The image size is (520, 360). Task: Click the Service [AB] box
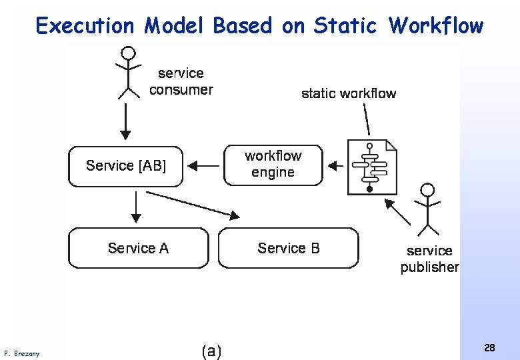[x=125, y=166]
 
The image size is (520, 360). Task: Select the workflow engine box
[x=273, y=165]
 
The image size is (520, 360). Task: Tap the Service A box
[x=139, y=248]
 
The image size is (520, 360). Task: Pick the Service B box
[x=288, y=248]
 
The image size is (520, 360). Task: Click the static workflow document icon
[x=372, y=167]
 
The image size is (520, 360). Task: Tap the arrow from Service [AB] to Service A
[x=136, y=207]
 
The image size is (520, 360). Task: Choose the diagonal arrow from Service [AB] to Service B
[x=193, y=205]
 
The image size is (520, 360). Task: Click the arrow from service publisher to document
[x=399, y=213]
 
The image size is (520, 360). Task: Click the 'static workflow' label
[x=349, y=93]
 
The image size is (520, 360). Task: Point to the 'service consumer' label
[x=181, y=81]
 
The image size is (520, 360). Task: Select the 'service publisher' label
[x=429, y=259]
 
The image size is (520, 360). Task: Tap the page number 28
[x=489, y=347]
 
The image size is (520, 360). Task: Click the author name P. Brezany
[x=21, y=353]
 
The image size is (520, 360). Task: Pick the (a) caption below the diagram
[x=211, y=351]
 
